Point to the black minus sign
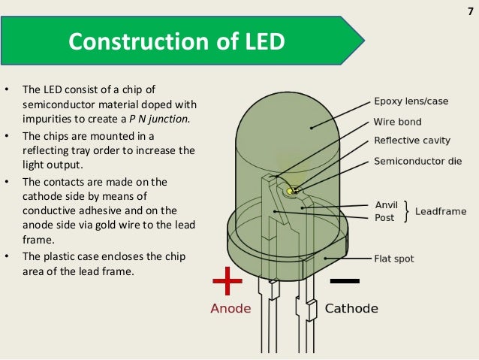click(x=345, y=281)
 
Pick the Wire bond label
click(x=397, y=122)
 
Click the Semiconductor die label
click(x=417, y=162)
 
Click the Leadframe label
click(x=441, y=211)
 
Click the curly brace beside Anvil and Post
click(x=406, y=211)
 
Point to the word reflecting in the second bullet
click(x=49, y=150)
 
